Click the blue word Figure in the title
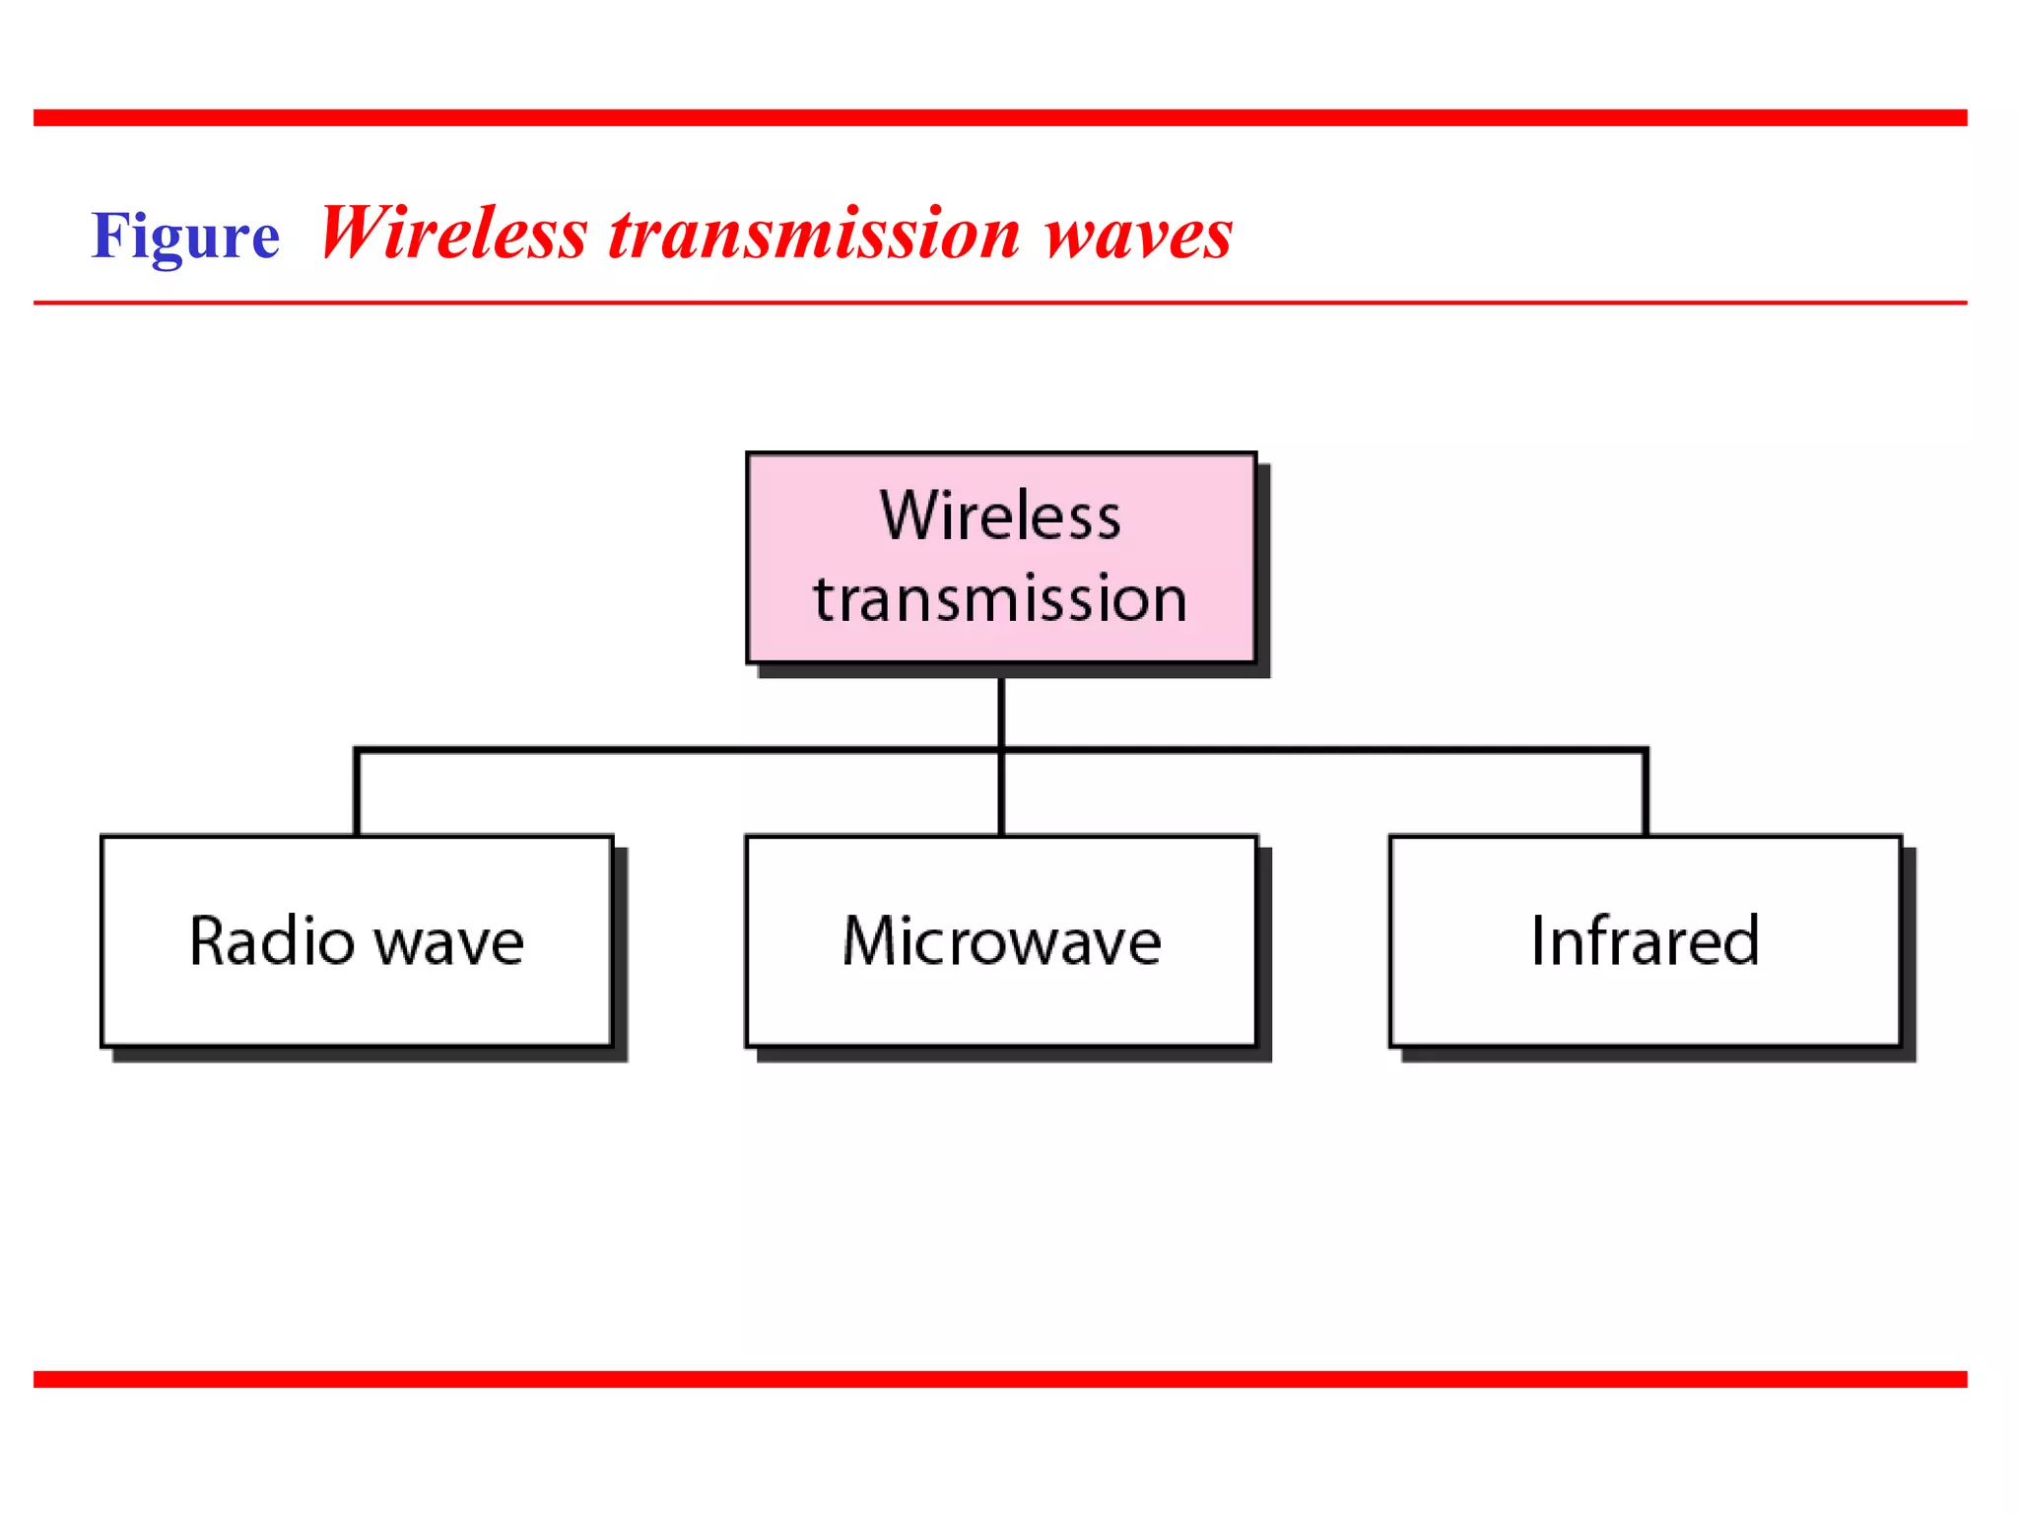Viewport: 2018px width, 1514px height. click(185, 237)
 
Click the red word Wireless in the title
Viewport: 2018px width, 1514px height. click(453, 235)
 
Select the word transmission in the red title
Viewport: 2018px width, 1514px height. click(814, 235)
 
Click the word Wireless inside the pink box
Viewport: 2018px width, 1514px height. click(1000, 516)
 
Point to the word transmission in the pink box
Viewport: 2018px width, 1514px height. click(1000, 599)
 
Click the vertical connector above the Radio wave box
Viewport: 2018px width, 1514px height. click(357, 794)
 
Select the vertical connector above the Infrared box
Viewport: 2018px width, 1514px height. click(1646, 794)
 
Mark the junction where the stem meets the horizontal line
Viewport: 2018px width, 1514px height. click(1001, 750)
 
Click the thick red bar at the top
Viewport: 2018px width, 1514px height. click(1000, 117)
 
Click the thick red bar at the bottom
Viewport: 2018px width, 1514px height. click(1000, 1379)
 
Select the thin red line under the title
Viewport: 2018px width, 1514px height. click(1000, 303)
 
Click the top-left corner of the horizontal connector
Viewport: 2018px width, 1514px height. click(358, 751)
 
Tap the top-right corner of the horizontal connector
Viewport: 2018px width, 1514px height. click(1646, 751)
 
